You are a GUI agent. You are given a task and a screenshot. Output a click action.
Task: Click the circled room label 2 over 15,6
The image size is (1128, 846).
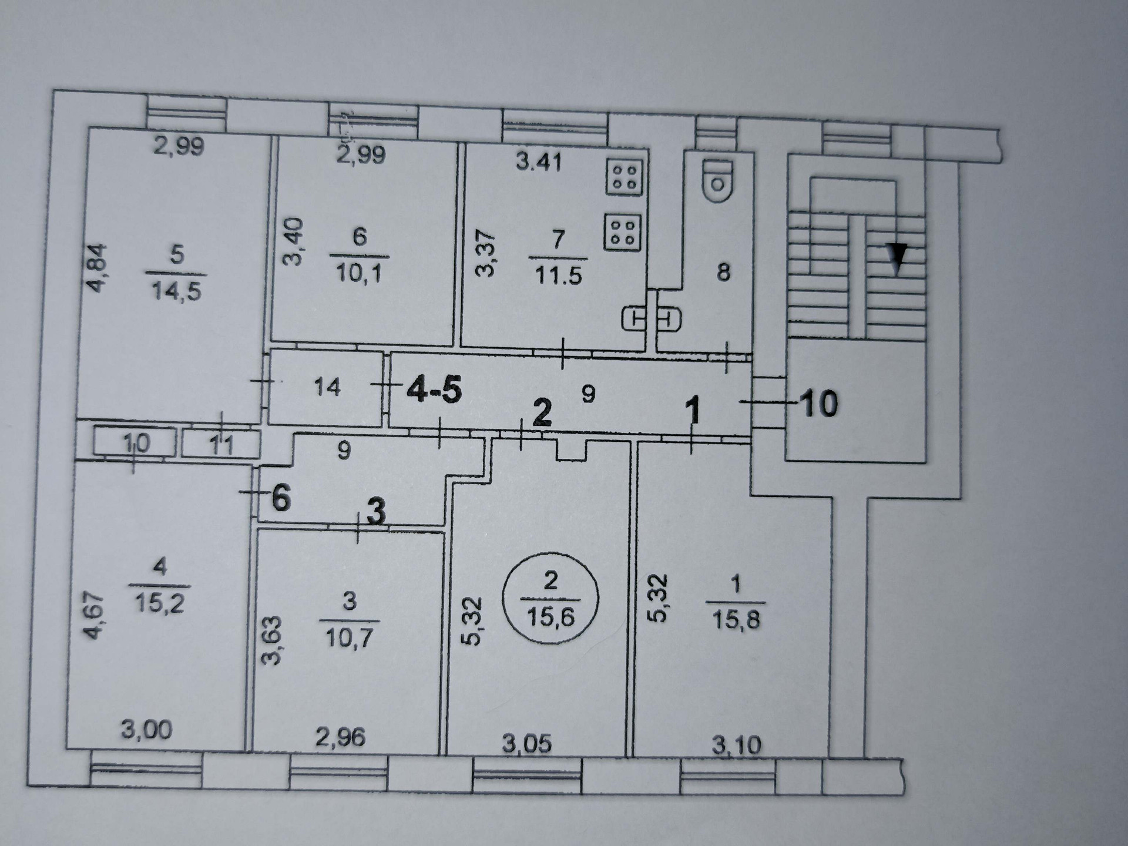tap(550, 600)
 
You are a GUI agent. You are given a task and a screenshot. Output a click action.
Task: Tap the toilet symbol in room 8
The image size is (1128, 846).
tap(717, 180)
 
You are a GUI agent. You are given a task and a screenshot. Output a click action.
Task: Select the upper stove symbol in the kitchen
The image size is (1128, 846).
tap(625, 177)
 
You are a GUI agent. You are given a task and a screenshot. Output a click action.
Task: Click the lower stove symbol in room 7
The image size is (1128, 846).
tap(622, 231)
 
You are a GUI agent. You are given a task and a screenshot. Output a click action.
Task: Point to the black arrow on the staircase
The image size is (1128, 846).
tap(897, 258)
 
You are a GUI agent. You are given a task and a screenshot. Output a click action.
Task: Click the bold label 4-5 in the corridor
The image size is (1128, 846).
tap(435, 390)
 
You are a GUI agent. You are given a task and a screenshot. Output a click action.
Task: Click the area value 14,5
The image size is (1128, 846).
tap(176, 290)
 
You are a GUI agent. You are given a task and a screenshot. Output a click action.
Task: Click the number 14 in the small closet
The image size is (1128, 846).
tap(327, 387)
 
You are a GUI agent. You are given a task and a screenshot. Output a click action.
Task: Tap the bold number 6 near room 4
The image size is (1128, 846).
tap(281, 499)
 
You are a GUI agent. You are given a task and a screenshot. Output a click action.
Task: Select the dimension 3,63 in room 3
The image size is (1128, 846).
tap(271, 640)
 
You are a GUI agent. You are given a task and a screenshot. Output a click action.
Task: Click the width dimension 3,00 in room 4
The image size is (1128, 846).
tap(146, 730)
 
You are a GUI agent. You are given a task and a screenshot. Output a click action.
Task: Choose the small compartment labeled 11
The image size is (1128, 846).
tap(221, 444)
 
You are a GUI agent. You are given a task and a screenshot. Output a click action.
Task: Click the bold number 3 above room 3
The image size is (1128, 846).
tap(376, 512)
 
